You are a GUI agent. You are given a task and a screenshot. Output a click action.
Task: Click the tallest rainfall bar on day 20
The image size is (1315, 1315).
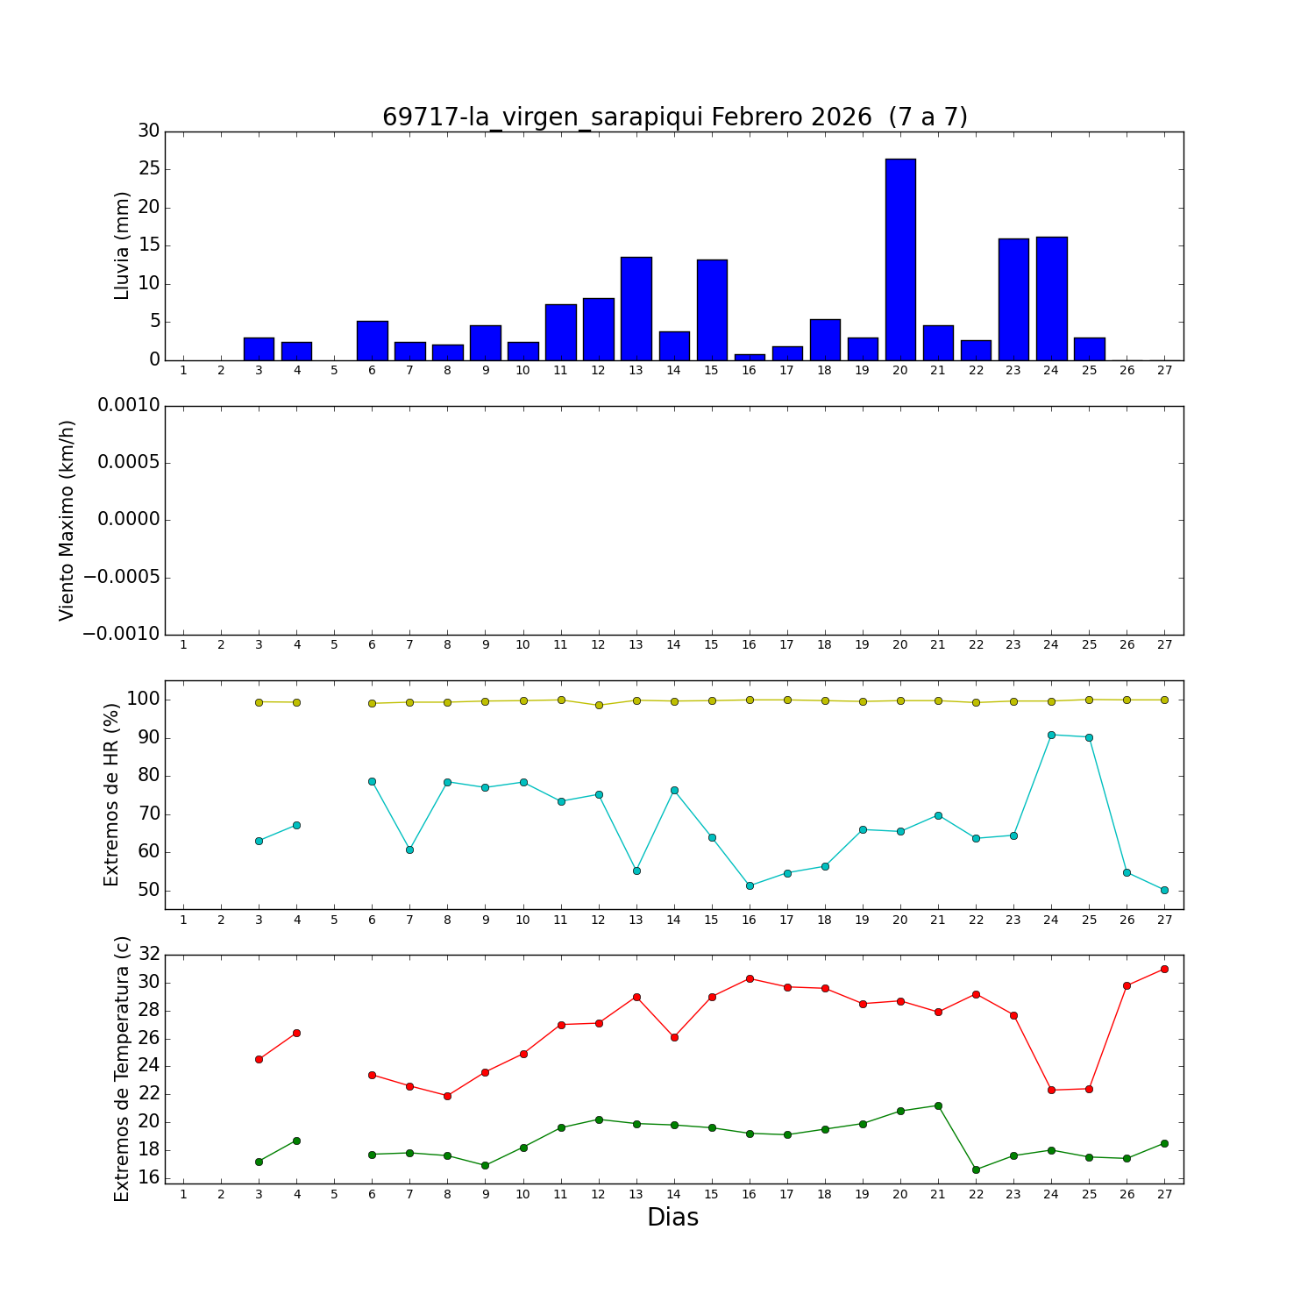click(900, 259)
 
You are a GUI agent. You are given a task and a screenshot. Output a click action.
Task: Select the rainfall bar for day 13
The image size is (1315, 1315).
click(636, 309)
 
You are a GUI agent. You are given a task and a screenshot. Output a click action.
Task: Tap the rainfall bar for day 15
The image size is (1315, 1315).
click(711, 309)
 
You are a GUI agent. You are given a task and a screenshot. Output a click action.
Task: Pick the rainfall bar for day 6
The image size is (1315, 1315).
click(372, 340)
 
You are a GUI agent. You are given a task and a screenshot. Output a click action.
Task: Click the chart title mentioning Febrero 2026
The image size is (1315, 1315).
click(674, 117)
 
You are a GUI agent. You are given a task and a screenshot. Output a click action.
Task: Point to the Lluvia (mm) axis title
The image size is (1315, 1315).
click(122, 245)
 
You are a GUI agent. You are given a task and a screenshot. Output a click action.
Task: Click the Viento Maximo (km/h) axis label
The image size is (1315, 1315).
click(68, 521)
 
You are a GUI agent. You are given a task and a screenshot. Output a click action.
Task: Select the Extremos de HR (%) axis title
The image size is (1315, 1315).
click(111, 794)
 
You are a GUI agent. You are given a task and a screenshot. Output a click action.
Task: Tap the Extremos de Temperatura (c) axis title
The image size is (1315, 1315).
click(122, 1069)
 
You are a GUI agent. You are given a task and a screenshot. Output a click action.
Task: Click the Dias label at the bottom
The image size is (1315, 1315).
click(672, 1218)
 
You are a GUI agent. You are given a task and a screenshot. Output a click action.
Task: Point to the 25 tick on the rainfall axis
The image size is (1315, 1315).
click(148, 169)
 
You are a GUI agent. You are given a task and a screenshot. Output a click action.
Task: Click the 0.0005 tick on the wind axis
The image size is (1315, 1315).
click(128, 463)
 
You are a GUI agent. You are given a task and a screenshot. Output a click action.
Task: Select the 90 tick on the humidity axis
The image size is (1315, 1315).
click(147, 737)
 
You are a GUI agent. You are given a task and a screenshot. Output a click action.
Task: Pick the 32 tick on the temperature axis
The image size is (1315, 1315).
click(148, 954)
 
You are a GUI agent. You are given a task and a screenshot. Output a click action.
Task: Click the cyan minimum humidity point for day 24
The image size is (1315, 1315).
click(1051, 735)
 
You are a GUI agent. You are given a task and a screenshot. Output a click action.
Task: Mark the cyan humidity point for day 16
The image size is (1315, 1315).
click(750, 885)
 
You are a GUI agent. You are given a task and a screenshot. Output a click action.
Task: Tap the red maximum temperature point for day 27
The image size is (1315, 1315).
click(1164, 969)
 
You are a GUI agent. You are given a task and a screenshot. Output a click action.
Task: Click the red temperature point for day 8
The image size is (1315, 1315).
click(447, 1096)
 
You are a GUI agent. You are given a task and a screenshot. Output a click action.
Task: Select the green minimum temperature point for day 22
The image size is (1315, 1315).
click(976, 1169)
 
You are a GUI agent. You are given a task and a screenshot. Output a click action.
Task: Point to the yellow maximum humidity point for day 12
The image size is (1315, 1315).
click(599, 705)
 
